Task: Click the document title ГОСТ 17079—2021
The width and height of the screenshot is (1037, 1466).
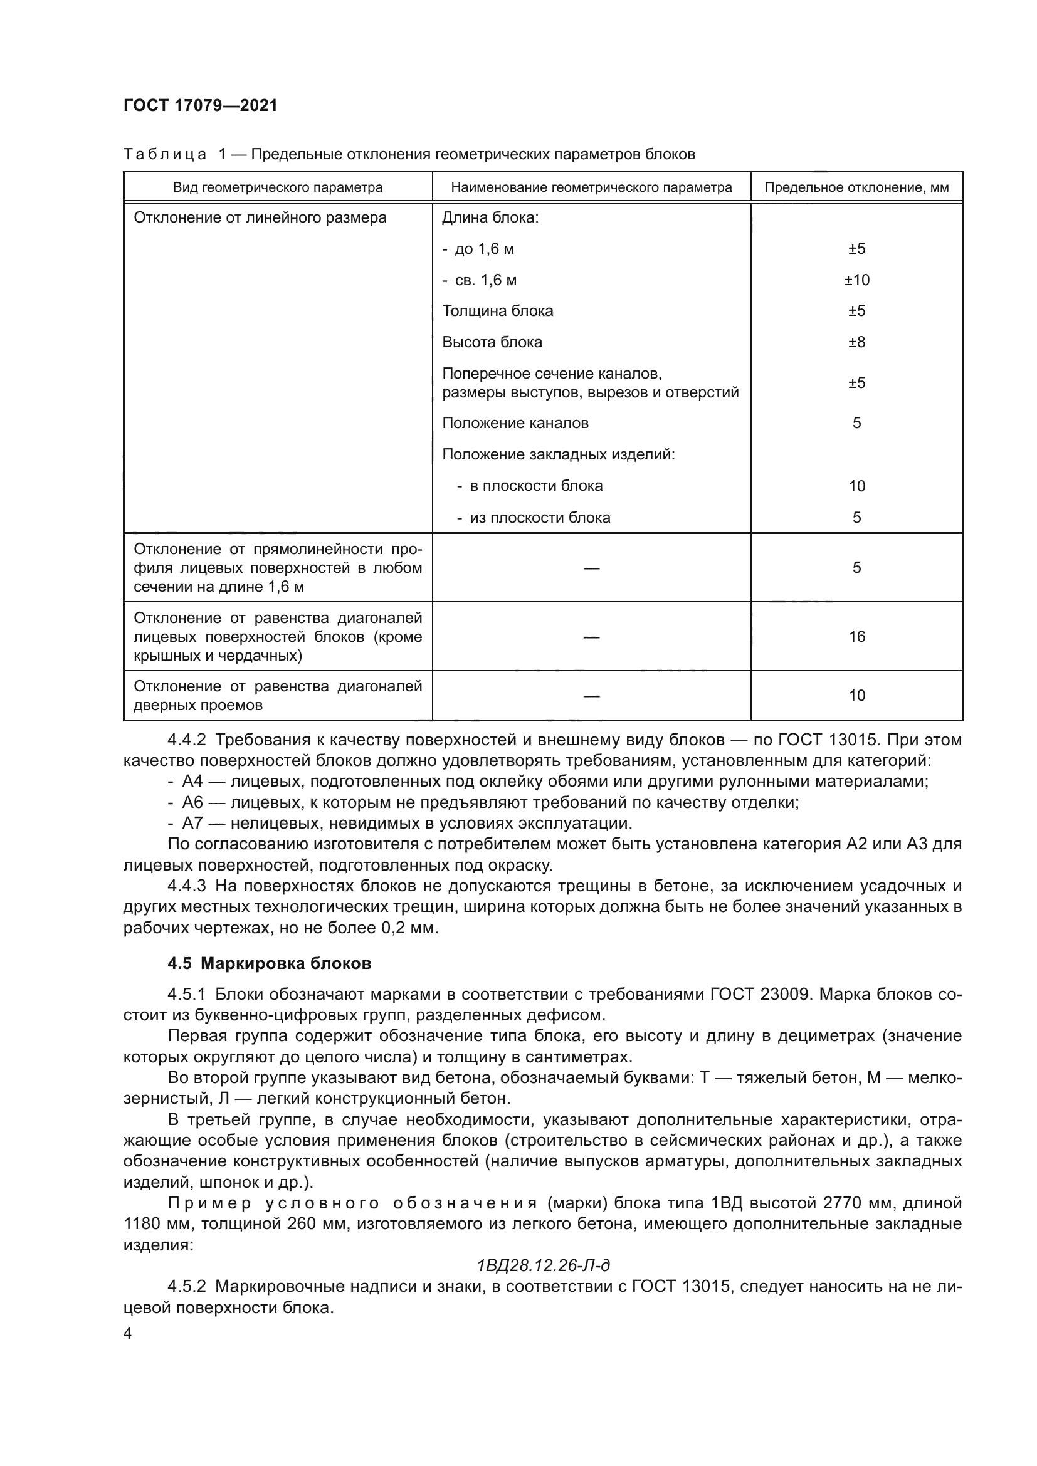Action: coord(201,105)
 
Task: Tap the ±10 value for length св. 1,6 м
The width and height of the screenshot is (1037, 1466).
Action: coord(856,280)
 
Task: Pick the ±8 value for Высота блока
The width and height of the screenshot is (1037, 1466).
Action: coord(856,342)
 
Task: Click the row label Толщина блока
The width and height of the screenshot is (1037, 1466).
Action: coord(497,311)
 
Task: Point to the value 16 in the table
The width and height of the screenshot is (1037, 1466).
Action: coord(856,637)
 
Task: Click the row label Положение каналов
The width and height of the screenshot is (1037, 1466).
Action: coord(515,423)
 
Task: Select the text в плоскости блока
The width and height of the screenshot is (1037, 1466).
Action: coord(535,486)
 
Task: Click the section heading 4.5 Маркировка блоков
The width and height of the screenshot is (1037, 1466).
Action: coord(270,963)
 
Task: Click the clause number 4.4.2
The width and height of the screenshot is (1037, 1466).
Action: coord(186,740)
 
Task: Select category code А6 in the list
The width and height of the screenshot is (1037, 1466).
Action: coord(192,802)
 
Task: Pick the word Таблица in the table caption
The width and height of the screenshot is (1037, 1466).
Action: coord(165,155)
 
